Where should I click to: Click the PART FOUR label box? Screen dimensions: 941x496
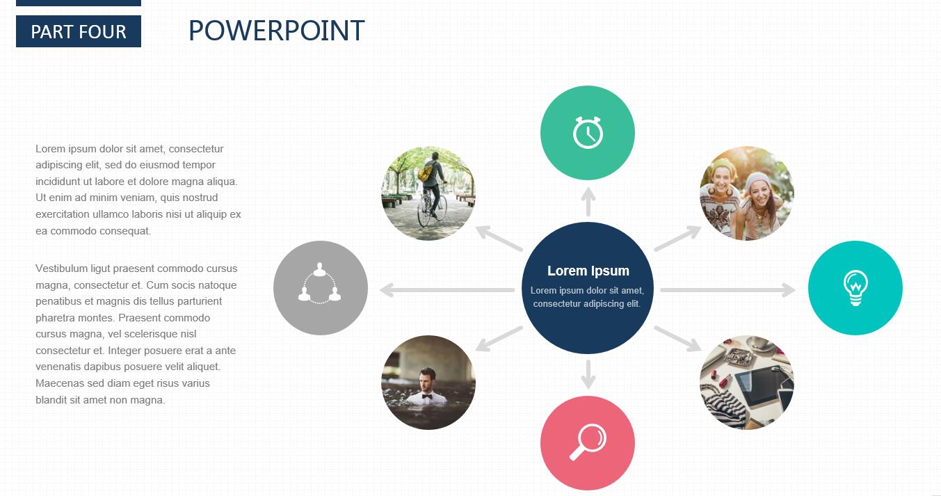[x=79, y=31]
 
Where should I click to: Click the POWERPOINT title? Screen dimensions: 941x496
[x=276, y=31]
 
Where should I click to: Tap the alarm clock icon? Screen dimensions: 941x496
[x=588, y=132]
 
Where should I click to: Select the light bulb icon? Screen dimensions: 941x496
[x=855, y=288]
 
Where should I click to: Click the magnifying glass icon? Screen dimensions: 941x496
[x=588, y=442]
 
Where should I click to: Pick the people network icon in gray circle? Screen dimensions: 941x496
[x=320, y=283]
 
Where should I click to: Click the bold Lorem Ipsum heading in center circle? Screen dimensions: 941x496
[x=588, y=271]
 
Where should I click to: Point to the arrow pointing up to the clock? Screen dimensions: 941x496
[x=588, y=202]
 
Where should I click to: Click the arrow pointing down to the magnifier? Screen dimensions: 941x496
[x=588, y=374]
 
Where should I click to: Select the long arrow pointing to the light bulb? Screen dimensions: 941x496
[x=727, y=289]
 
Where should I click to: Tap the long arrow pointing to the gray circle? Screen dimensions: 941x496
[x=447, y=290]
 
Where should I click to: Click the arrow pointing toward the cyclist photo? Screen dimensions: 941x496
[x=499, y=239]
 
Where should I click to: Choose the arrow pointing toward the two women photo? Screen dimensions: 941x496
[x=677, y=239]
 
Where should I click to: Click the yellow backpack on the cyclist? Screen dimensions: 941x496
[x=426, y=173]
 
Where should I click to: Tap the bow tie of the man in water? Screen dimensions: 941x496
[x=427, y=397]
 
